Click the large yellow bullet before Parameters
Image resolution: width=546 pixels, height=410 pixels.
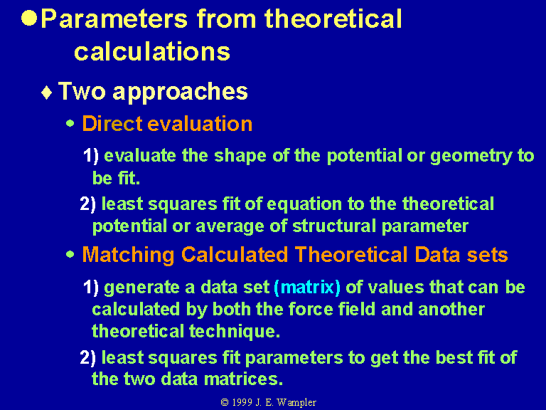tap(29, 18)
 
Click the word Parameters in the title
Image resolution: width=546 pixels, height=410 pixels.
tap(114, 19)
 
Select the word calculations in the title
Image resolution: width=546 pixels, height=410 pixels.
tap(152, 51)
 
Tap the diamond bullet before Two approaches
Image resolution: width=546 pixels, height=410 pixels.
tap(47, 93)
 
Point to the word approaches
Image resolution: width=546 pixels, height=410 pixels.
tap(180, 93)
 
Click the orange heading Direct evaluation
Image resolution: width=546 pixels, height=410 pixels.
tap(167, 123)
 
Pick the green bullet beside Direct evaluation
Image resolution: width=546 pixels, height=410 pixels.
tap(70, 123)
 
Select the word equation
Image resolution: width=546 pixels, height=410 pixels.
tap(304, 204)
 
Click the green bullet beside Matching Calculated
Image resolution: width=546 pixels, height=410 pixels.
tap(70, 255)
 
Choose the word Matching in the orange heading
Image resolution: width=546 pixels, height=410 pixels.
tap(128, 256)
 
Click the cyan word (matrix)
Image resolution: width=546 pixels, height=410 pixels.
tap(307, 288)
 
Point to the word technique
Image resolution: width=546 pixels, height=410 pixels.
tap(235, 331)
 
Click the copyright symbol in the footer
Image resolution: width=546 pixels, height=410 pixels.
tap(225, 402)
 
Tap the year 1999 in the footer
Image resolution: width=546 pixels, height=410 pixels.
tap(242, 402)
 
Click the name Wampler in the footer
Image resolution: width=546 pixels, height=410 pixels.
tap(296, 403)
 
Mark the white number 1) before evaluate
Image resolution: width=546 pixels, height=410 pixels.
tap(91, 155)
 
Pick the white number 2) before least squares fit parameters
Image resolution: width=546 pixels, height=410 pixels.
tap(88, 358)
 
